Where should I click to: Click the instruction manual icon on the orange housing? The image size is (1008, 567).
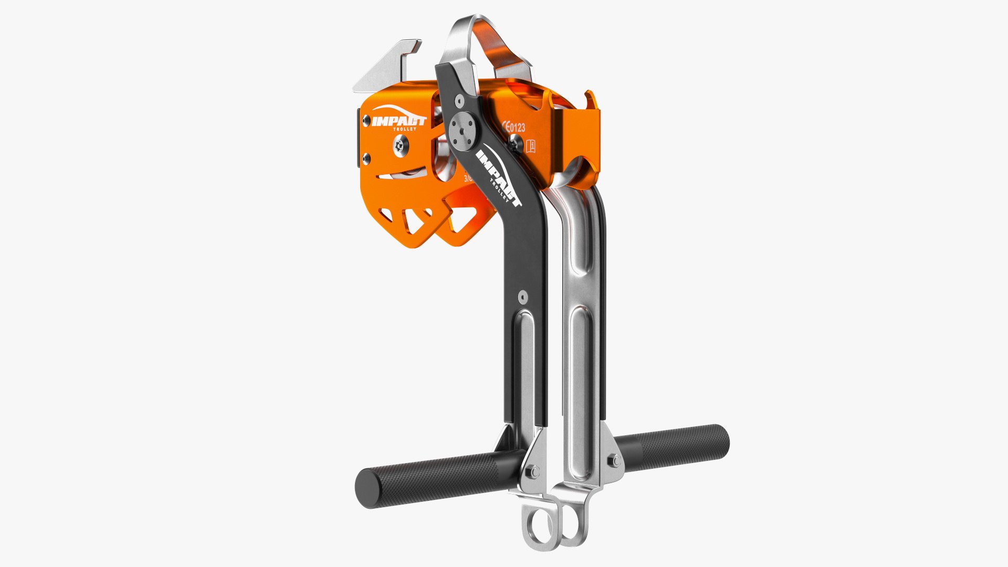click(531, 145)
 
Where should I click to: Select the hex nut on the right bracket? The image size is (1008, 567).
click(612, 462)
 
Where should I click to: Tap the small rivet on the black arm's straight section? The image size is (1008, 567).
click(521, 297)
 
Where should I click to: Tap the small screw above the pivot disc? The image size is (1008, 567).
click(460, 100)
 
